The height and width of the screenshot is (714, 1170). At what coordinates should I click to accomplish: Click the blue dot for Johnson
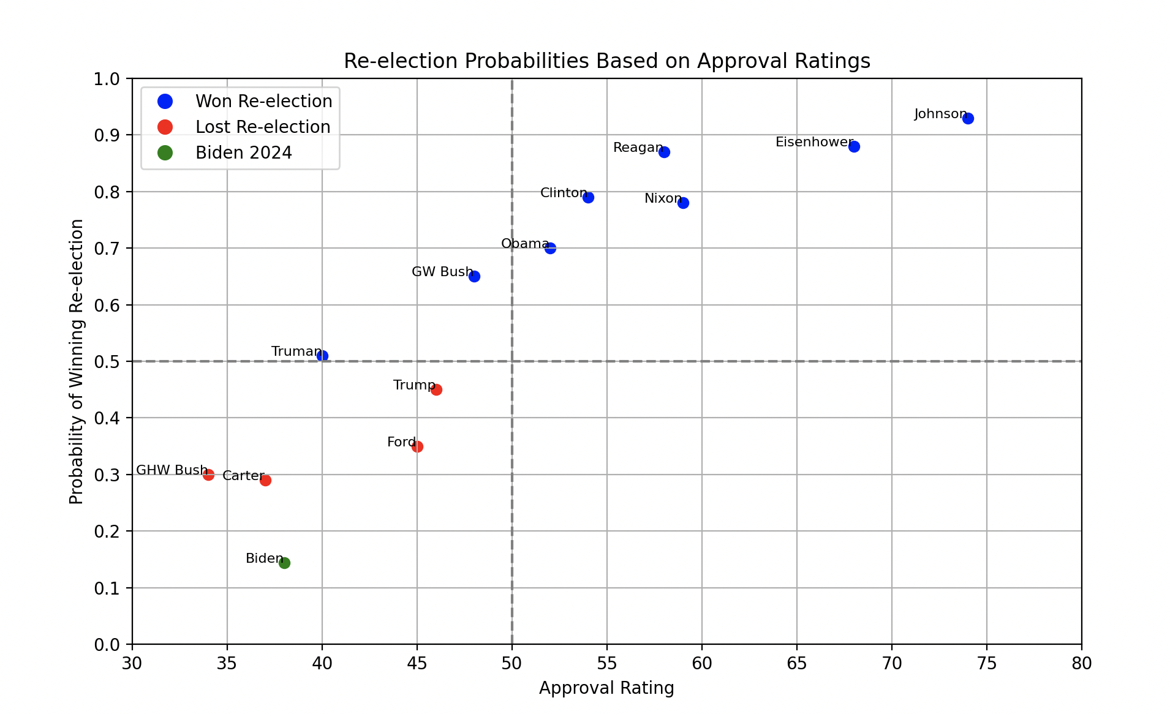pyautogui.click(x=968, y=118)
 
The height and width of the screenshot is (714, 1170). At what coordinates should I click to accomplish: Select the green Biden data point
pyautogui.click(x=284, y=563)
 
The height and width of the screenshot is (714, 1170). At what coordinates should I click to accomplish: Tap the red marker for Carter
pyautogui.click(x=265, y=480)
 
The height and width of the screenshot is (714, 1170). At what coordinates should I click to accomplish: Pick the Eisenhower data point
pyautogui.click(x=854, y=146)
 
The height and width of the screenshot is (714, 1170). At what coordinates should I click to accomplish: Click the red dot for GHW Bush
pyautogui.click(x=208, y=475)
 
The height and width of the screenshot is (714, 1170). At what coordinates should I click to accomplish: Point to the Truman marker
pyautogui.click(x=322, y=356)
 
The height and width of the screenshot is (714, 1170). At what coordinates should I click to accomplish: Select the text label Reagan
pyautogui.click(x=638, y=148)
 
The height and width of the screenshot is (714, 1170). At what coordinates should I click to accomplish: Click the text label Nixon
pyautogui.click(x=663, y=198)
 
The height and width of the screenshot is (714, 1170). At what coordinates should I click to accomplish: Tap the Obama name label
pyautogui.click(x=525, y=244)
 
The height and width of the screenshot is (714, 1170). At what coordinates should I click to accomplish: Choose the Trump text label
pyautogui.click(x=414, y=385)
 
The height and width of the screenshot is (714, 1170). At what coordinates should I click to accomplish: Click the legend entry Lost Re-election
pyautogui.click(x=263, y=127)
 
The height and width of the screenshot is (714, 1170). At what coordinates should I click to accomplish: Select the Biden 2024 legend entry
pyautogui.click(x=244, y=152)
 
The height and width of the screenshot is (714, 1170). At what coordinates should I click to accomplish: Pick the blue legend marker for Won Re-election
pyautogui.click(x=165, y=101)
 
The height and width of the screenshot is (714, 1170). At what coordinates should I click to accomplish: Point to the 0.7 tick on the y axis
pyautogui.click(x=108, y=249)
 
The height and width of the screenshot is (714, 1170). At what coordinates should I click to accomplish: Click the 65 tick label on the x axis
pyautogui.click(x=796, y=663)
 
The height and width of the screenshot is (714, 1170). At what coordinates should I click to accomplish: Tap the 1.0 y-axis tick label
pyautogui.click(x=108, y=79)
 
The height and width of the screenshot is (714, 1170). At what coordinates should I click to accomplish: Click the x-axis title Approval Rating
pyautogui.click(x=606, y=688)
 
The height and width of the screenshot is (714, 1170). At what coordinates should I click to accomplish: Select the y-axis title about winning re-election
pyautogui.click(x=77, y=361)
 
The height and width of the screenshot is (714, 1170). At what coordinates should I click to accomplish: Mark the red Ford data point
pyautogui.click(x=417, y=446)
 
